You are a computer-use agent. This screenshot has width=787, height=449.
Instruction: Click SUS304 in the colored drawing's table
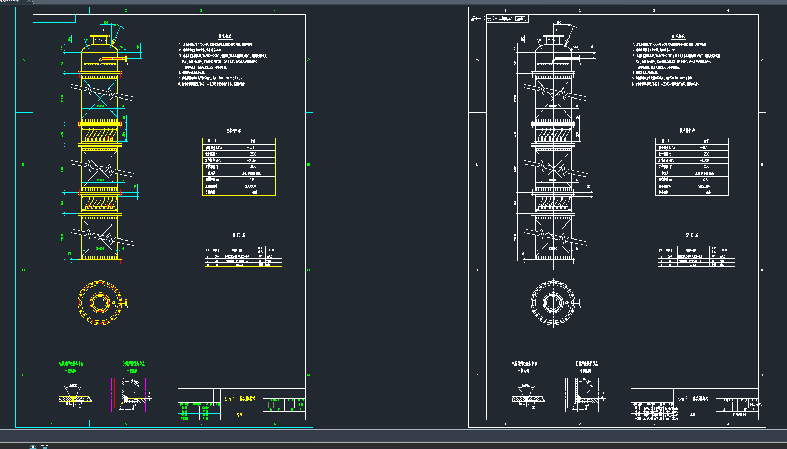250,186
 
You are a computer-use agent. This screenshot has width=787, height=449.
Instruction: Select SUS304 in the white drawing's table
704,186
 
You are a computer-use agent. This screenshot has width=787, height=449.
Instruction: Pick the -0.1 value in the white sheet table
705,147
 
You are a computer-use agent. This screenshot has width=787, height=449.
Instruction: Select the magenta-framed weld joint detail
129,395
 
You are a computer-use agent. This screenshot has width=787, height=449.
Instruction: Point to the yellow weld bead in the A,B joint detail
73,398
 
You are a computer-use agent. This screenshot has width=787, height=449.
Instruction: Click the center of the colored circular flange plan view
100,302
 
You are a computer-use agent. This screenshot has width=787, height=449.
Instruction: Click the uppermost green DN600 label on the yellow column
100,106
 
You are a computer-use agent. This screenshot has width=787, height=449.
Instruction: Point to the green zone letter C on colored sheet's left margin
23,270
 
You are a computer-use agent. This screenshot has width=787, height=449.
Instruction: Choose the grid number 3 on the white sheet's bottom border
654,424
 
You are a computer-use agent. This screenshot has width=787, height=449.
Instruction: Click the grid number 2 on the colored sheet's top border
126,10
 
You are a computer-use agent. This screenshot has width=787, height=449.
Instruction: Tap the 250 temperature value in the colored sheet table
253,154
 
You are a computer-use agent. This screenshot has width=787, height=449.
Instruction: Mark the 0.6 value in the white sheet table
705,180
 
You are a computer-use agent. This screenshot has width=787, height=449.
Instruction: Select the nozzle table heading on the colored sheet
238,235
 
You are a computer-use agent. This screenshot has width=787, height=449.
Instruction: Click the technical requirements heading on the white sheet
679,37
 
